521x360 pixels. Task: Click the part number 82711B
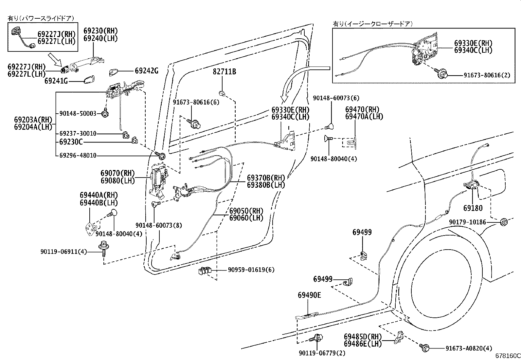[224, 72]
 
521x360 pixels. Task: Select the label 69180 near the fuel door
[473, 208]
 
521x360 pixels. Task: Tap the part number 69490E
[309, 295]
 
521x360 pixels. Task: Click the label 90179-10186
[467, 222]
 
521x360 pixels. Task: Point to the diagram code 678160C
[507, 356]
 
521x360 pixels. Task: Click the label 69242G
[146, 71]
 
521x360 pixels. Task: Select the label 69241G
[56, 81]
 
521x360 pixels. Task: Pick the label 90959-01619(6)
[251, 270]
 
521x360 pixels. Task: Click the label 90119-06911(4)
[64, 252]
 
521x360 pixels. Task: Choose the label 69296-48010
[78, 156]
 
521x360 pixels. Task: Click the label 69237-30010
[78, 134]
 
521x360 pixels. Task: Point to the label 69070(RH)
[117, 173]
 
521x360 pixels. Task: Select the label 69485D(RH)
[363, 336]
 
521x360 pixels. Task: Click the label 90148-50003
[78, 113]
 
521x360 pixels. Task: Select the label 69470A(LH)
[364, 116]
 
